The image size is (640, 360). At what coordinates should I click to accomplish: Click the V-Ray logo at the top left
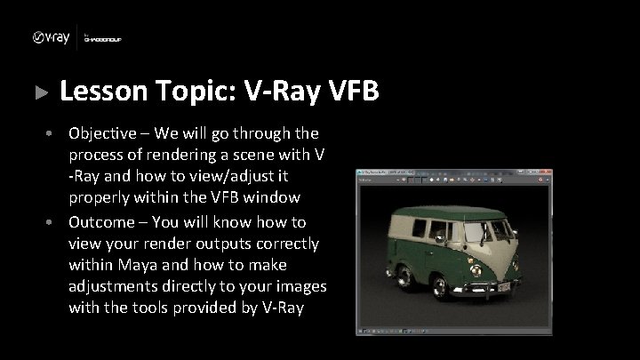(x=51, y=37)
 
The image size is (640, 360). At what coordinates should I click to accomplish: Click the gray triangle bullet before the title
(x=38, y=92)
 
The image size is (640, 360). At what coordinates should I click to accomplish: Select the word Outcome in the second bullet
(x=103, y=222)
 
